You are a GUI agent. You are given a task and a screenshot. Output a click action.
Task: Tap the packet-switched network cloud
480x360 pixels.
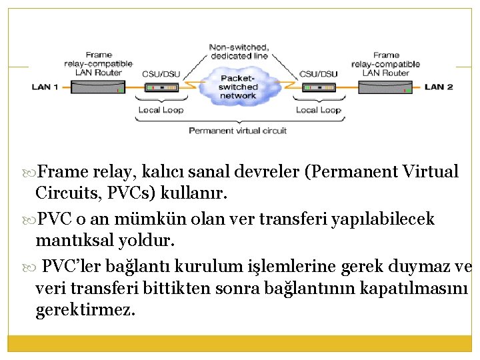coord(239,87)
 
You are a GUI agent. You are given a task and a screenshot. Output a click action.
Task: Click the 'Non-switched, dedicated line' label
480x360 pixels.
coord(239,51)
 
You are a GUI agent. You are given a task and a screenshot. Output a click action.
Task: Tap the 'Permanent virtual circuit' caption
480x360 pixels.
coord(238,131)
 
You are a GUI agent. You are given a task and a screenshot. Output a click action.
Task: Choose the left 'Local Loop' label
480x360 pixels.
coord(161,110)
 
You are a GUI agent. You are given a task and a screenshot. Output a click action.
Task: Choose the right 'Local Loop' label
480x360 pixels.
coord(318,110)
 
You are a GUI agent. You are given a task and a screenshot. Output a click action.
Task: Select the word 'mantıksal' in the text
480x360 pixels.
coord(74,239)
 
